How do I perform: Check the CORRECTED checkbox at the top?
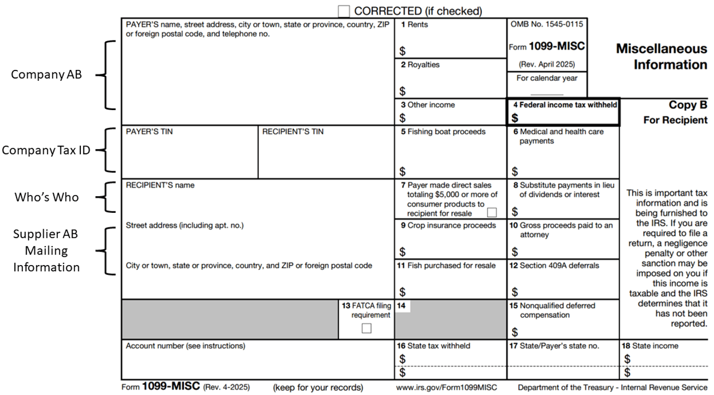click(x=344, y=10)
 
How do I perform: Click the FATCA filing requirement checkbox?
click(x=367, y=328)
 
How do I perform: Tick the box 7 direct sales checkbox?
click(x=491, y=212)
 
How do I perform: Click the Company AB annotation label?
click(x=46, y=75)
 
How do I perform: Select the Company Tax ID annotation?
click(x=46, y=150)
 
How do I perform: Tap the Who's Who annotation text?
click(x=46, y=197)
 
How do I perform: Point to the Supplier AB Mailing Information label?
click(x=46, y=250)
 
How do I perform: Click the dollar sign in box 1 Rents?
click(x=403, y=51)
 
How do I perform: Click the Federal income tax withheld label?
click(x=565, y=105)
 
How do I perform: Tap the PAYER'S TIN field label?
click(x=149, y=132)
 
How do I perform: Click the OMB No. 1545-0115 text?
click(x=547, y=25)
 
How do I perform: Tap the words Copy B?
click(x=688, y=105)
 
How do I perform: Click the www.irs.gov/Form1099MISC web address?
click(x=446, y=388)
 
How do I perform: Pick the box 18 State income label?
click(x=649, y=346)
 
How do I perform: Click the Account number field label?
click(x=185, y=346)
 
